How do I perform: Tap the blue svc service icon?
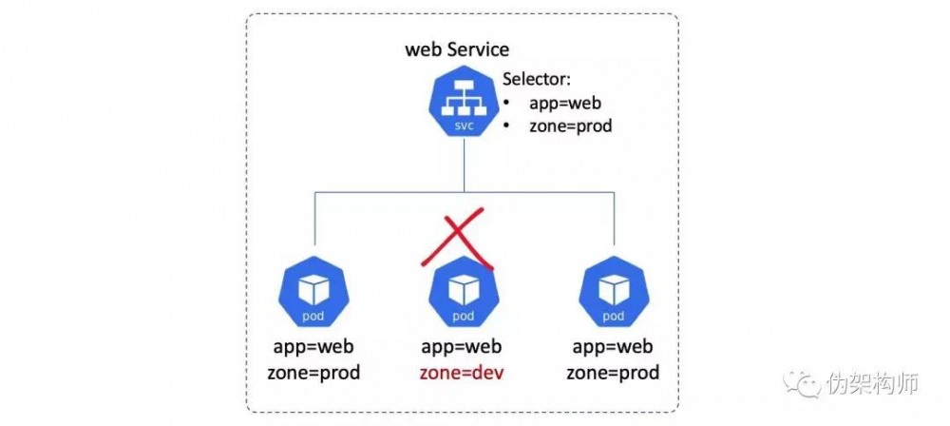coord(463,106)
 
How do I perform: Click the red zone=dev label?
coord(463,373)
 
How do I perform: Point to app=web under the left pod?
coord(313,347)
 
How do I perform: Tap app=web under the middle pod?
coord(463,347)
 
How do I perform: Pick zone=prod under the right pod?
coord(613,373)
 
